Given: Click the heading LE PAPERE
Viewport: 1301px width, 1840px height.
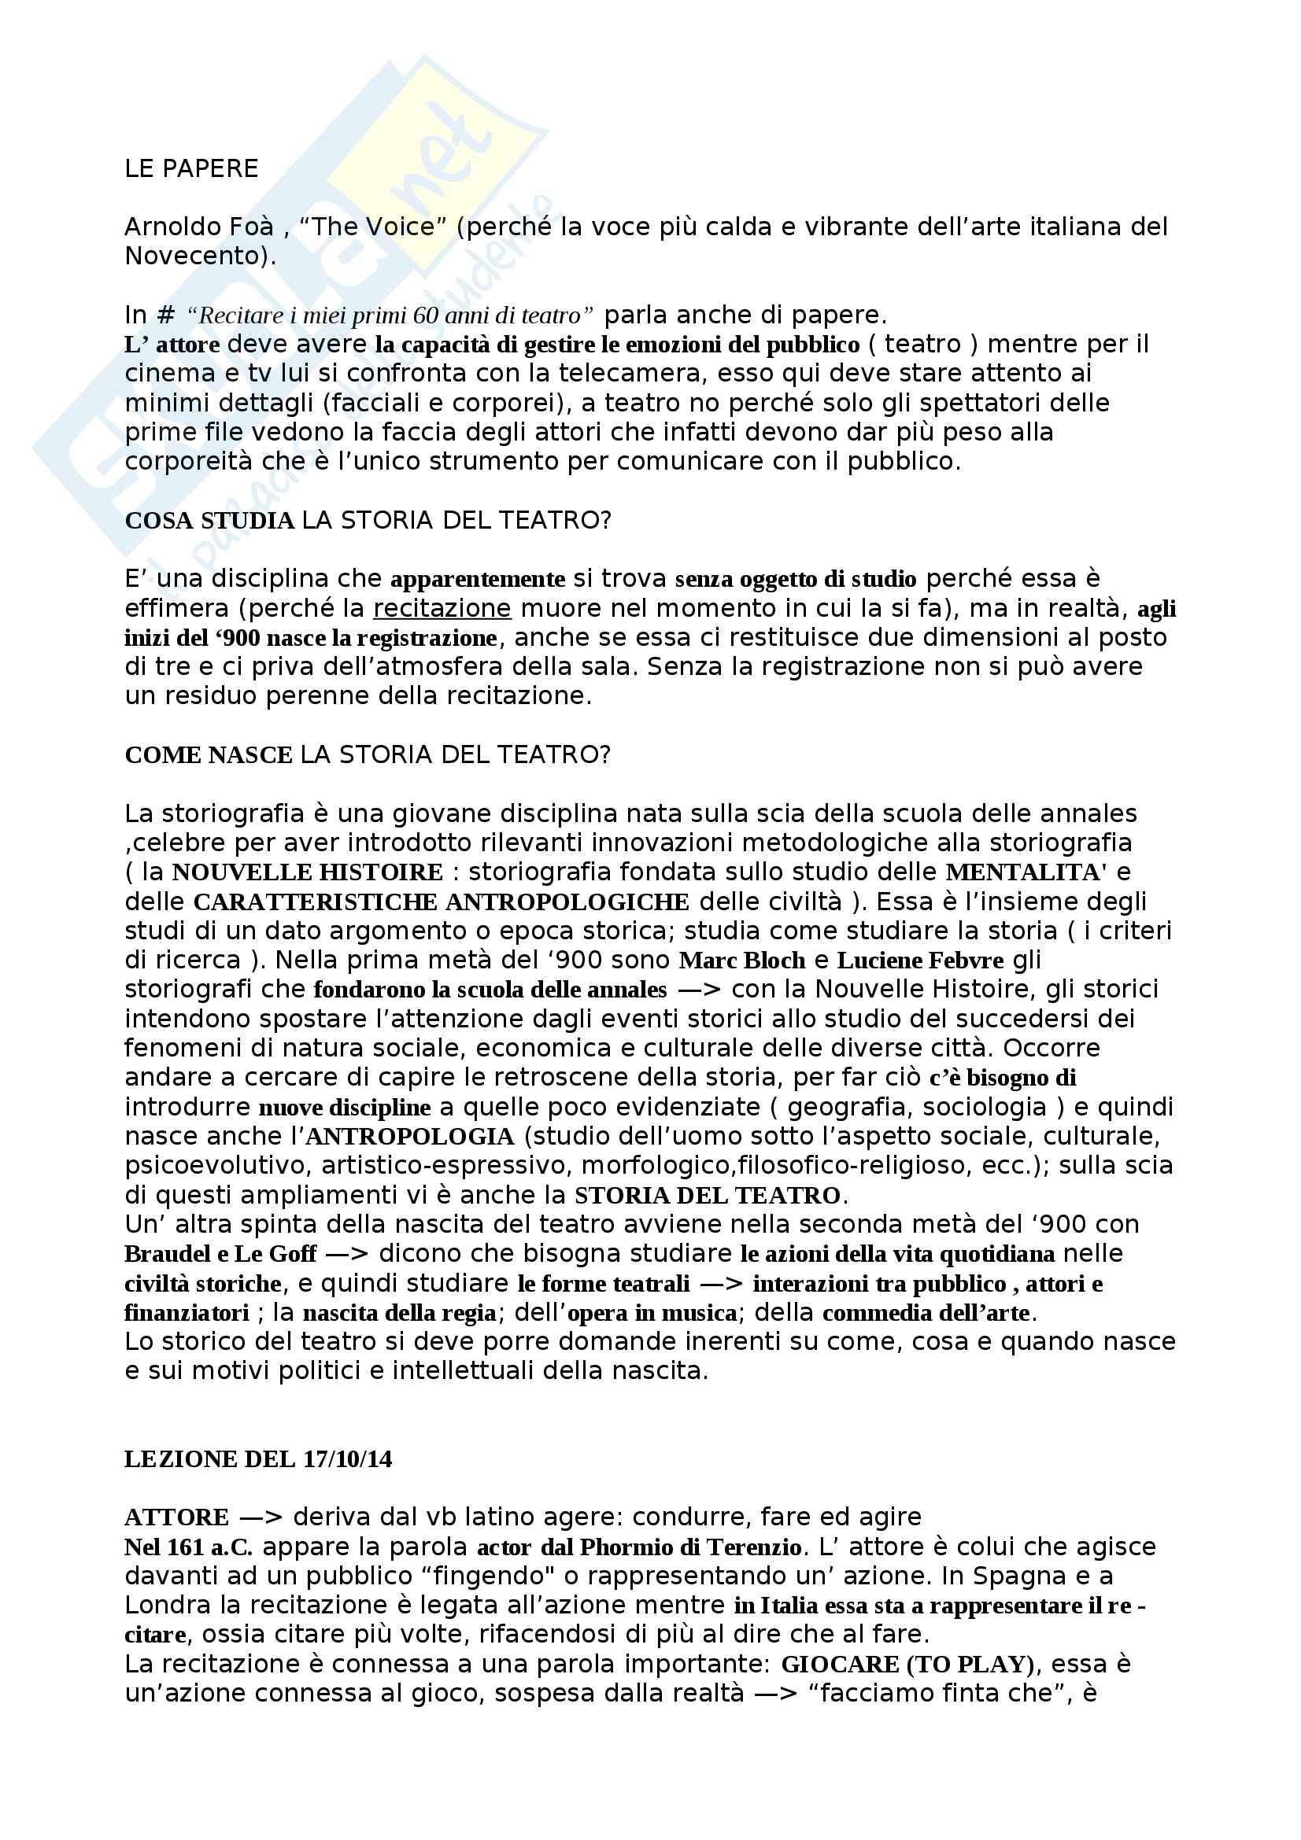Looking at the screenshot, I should (191, 169).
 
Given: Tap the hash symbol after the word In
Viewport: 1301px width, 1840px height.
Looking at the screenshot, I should (166, 315).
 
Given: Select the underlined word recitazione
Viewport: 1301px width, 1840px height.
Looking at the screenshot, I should (442, 608).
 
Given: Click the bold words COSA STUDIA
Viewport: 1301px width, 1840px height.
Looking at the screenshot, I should (210, 521).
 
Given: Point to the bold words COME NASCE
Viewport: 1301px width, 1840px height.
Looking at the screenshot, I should (209, 755).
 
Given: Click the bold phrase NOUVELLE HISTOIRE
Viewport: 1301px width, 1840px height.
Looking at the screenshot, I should (308, 872).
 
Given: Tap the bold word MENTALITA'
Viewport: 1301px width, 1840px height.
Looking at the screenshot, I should (1026, 872).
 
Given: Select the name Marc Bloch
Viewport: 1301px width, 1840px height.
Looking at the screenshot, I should (741, 960).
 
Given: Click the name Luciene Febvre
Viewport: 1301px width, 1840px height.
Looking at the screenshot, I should (920, 960).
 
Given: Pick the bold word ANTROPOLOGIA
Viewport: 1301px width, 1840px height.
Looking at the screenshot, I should (410, 1137).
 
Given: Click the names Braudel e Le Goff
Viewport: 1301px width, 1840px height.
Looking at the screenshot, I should (220, 1253).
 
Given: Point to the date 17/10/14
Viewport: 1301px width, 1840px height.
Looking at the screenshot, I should (348, 1458).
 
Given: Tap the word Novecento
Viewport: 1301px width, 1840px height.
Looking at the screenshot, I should (196, 256).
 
